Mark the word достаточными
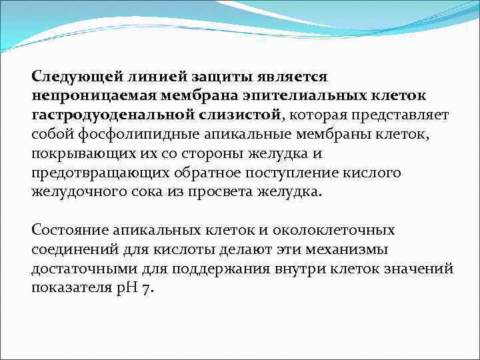[78, 269]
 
